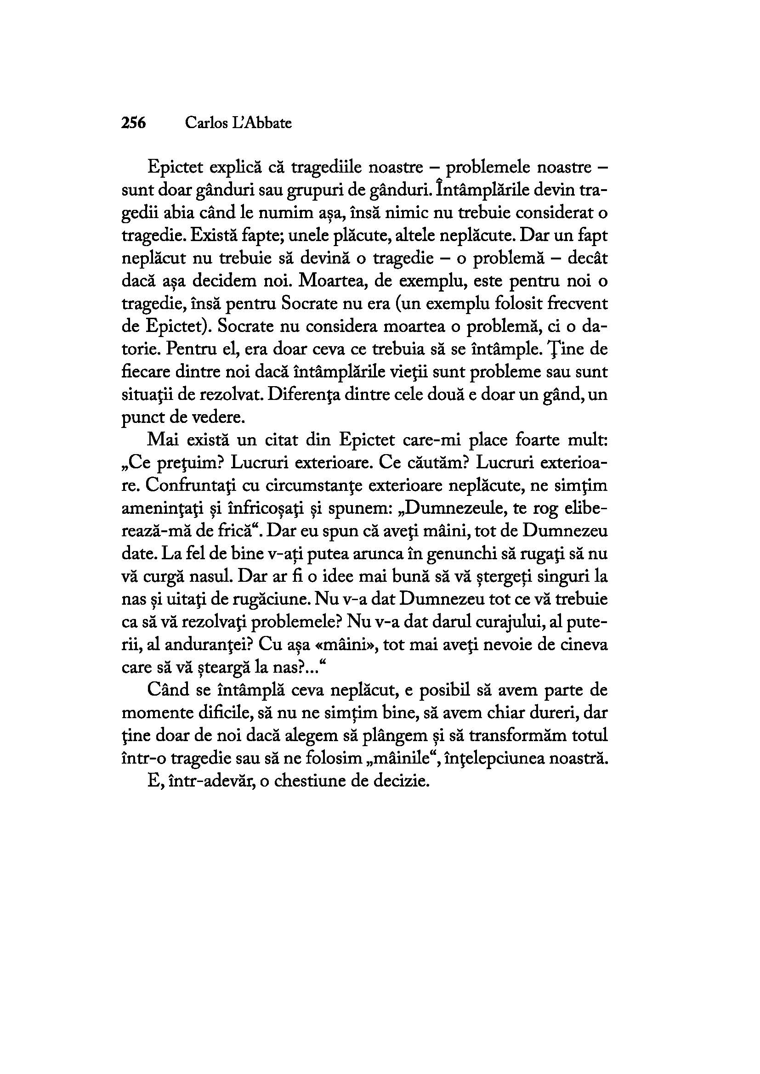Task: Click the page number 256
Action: (x=133, y=123)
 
